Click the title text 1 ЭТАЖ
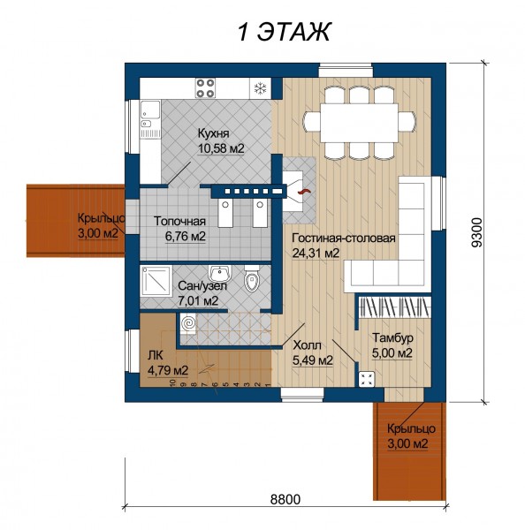point(284,32)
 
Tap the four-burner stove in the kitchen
point(205,87)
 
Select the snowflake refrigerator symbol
point(260,88)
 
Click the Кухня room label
point(214,133)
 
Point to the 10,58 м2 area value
point(221,148)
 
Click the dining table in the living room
point(359,123)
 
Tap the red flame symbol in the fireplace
point(303,192)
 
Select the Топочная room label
point(179,221)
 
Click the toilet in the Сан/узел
point(251,278)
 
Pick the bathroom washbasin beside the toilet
point(220,273)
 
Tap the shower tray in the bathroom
point(156,280)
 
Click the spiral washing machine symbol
point(188,323)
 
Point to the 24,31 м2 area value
point(316,254)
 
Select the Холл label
point(308,345)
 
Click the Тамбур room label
point(392,337)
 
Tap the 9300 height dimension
point(476,232)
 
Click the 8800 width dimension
point(285,499)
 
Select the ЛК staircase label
point(156,356)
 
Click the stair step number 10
point(173,383)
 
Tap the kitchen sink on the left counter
point(150,110)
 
